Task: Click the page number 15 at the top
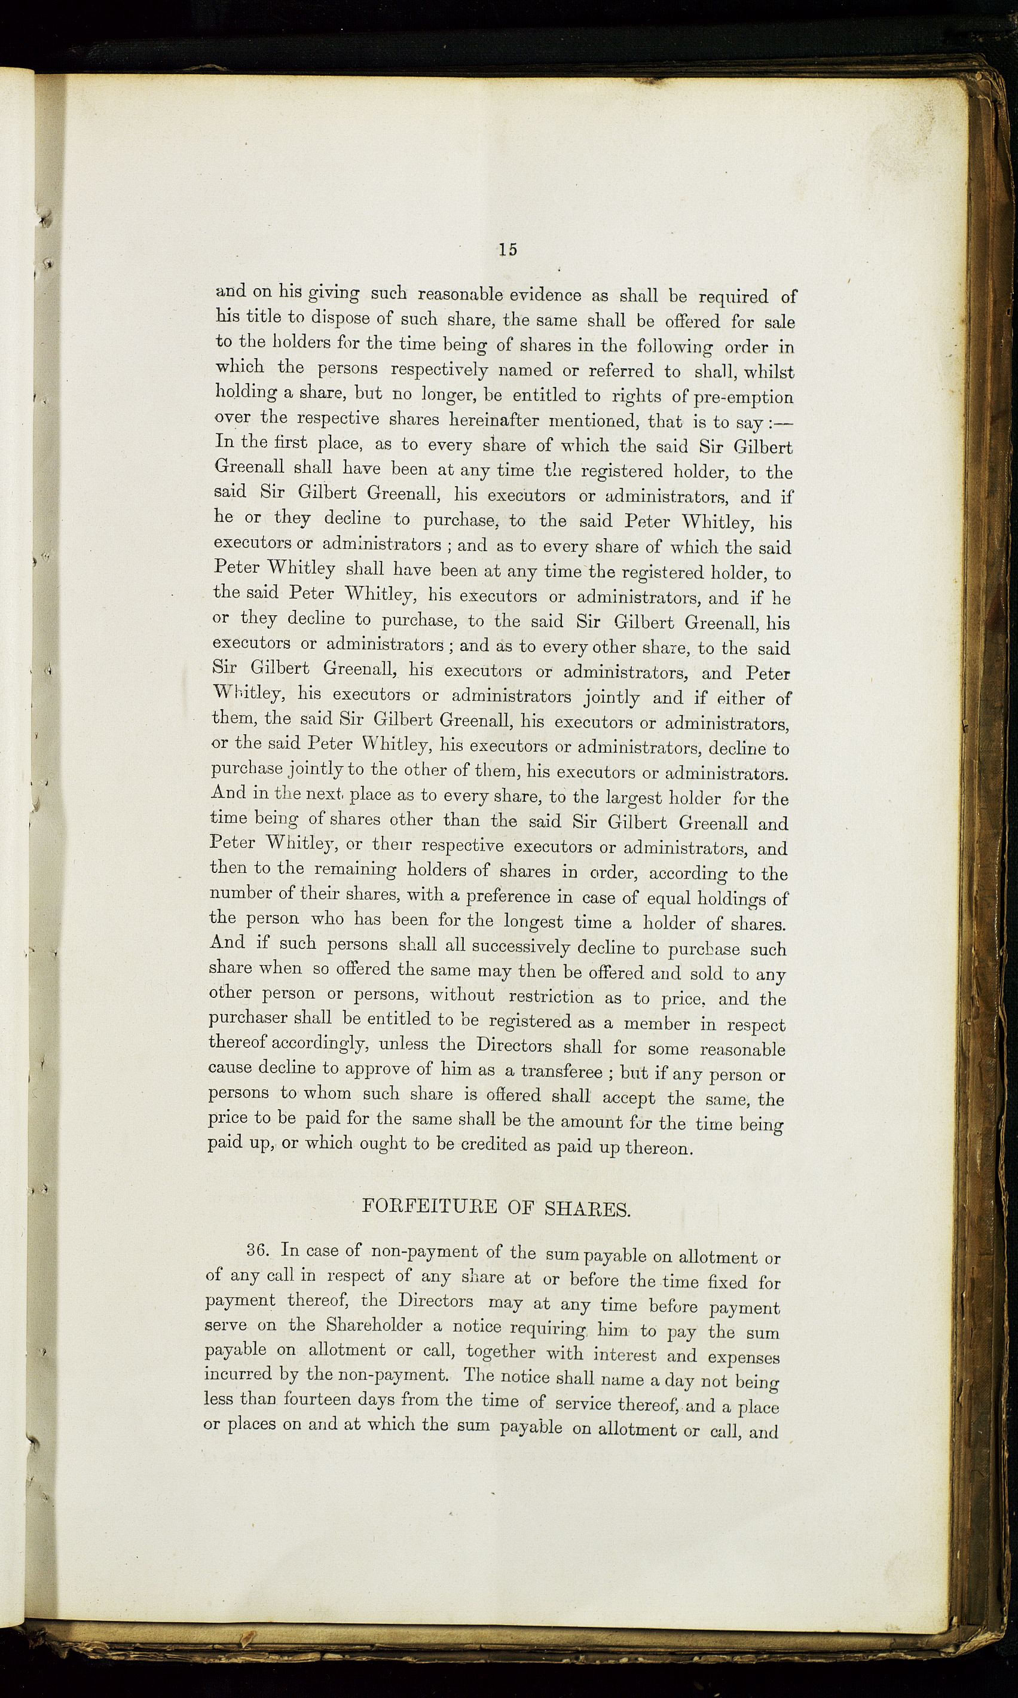(x=508, y=250)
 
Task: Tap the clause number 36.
(x=261, y=1250)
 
